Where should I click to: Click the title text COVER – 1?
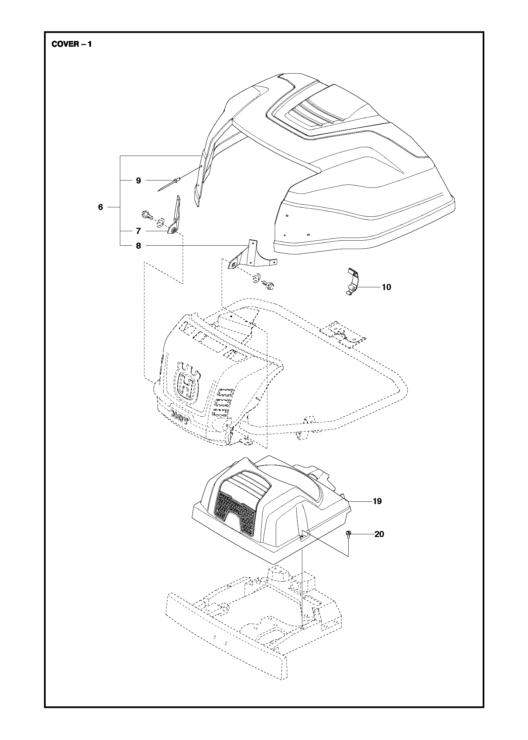point(71,44)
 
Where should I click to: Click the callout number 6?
point(100,207)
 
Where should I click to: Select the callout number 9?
point(138,181)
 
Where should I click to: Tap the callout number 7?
point(138,231)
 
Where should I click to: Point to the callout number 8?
point(138,246)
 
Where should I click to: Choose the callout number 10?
point(386,287)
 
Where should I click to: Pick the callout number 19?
point(377,511)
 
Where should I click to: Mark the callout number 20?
point(379,534)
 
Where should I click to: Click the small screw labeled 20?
point(348,535)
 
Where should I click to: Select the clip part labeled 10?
point(352,282)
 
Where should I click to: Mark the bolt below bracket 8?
point(269,285)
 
